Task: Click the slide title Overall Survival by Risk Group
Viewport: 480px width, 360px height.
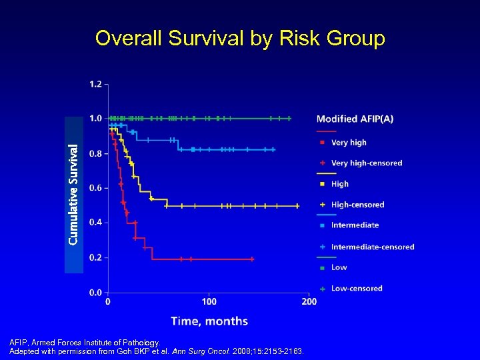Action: click(x=240, y=39)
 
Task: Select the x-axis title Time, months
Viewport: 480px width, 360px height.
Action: click(x=209, y=321)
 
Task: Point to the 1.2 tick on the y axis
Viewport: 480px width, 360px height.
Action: click(x=95, y=84)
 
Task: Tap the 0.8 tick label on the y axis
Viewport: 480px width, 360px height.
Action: click(x=95, y=153)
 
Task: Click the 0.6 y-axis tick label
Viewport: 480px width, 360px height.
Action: click(x=95, y=188)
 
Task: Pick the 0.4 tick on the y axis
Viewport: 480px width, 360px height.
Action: click(x=95, y=223)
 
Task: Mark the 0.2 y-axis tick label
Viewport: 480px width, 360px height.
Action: click(x=95, y=257)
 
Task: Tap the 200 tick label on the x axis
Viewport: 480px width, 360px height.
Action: click(x=309, y=302)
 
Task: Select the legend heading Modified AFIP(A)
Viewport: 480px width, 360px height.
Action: click(x=355, y=119)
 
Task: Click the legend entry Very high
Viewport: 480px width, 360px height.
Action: click(x=349, y=143)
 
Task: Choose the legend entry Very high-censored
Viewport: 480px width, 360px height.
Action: click(x=366, y=163)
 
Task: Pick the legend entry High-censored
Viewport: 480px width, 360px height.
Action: click(x=357, y=205)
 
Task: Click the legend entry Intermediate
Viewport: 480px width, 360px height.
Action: click(x=355, y=225)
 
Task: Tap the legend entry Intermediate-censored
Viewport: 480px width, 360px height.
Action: click(x=372, y=247)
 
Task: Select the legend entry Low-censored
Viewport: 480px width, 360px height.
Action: click(x=357, y=289)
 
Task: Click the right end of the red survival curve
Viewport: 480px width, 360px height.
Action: click(x=253, y=259)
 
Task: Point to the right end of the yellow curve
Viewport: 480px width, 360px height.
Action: click(x=298, y=206)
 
